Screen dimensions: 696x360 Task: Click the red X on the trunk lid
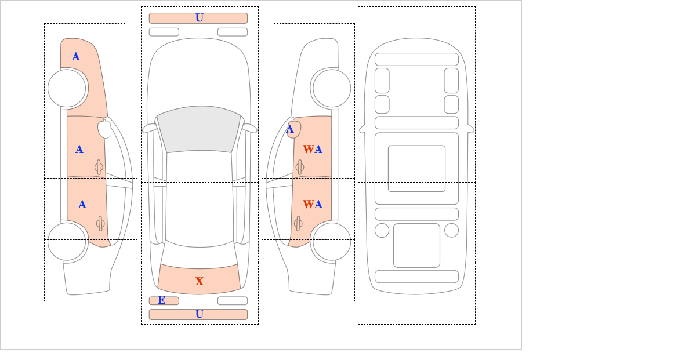200,281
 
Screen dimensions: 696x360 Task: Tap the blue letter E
162,300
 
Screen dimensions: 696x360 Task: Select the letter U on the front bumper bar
200,18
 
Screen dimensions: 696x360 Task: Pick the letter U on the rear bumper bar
200,314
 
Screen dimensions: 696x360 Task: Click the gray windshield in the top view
199,129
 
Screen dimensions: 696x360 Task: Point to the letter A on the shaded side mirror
290,129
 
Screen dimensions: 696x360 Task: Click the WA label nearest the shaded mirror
313,150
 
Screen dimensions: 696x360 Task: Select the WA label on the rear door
313,205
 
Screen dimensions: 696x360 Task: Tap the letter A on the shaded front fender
76,57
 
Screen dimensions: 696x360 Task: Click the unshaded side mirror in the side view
104,129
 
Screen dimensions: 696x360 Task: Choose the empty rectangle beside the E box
233,301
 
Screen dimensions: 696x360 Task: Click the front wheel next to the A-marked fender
67,88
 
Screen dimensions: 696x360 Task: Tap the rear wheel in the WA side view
332,242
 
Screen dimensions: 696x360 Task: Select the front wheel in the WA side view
332,88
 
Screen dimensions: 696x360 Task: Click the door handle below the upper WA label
299,168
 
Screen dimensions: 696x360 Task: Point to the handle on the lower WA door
298,223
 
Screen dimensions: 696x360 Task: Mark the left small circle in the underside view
382,231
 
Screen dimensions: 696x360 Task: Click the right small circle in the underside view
451,231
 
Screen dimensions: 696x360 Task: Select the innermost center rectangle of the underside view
416,168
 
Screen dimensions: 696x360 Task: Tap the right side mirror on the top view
249,128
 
